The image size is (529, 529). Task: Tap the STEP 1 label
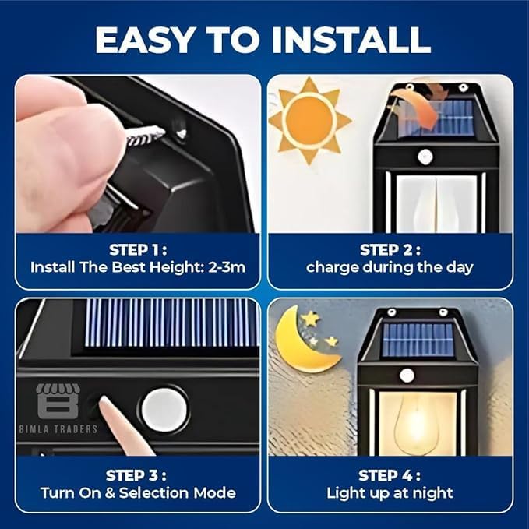[x=137, y=250]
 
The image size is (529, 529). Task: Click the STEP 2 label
[x=390, y=250]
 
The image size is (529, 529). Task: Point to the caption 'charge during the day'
[x=390, y=267]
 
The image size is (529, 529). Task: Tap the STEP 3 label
[x=137, y=475]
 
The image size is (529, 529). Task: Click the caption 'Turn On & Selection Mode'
[x=138, y=492]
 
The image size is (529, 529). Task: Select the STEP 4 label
[x=390, y=475]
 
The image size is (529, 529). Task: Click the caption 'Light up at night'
[x=390, y=492]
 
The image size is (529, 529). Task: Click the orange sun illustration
[x=309, y=120]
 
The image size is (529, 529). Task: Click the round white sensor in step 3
[x=164, y=409]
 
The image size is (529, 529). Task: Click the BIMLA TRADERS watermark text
[x=59, y=428]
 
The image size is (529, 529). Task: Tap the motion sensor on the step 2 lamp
[x=425, y=157]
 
